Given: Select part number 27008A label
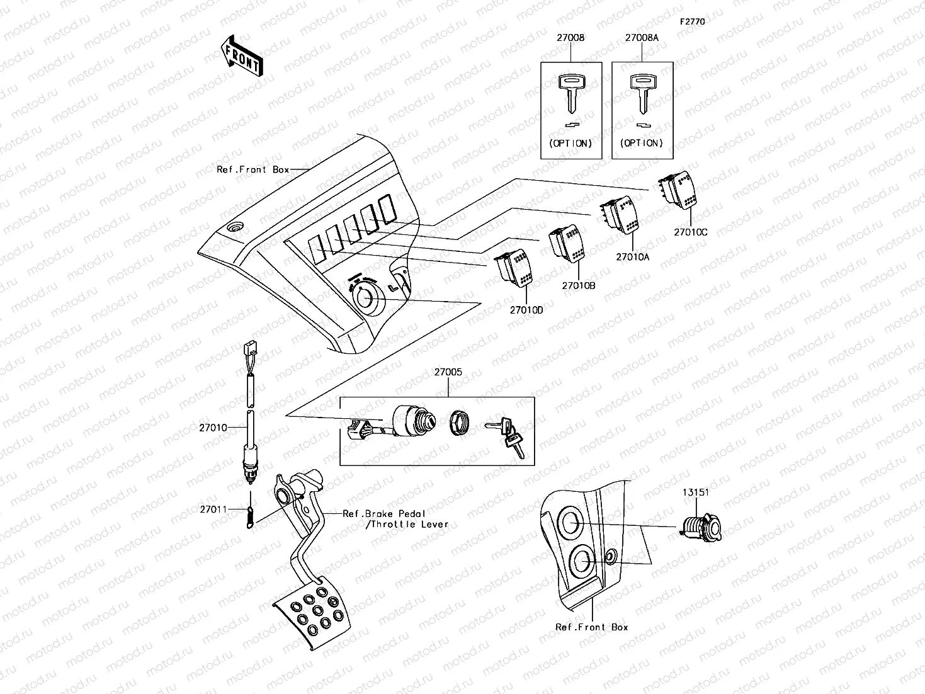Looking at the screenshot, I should point(642,38).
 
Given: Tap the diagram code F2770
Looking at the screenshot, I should point(691,21).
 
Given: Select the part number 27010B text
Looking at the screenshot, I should point(578,285).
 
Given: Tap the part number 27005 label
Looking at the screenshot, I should point(448,372).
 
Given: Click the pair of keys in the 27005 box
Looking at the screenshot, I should point(507,434).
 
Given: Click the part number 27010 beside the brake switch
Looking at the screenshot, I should point(213,428).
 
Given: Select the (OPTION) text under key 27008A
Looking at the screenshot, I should point(642,143).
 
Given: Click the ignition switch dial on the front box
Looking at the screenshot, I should point(365,296).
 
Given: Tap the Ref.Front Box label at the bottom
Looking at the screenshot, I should point(591,627).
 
